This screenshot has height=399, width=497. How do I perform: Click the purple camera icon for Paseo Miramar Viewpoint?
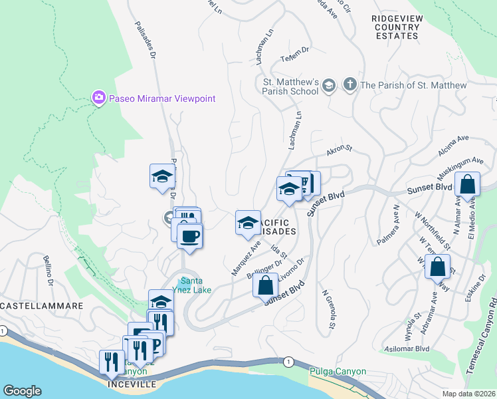(99, 98)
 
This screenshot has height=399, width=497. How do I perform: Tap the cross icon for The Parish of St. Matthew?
(349, 84)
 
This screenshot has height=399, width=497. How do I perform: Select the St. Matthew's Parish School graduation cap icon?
(328, 86)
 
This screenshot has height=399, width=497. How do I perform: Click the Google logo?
(22, 391)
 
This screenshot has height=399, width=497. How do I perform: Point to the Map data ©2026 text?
(468, 394)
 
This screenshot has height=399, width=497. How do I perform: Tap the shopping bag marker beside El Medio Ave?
(468, 184)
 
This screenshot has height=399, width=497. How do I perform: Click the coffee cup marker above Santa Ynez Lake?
(190, 235)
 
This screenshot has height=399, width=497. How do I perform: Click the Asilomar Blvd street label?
(405, 348)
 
